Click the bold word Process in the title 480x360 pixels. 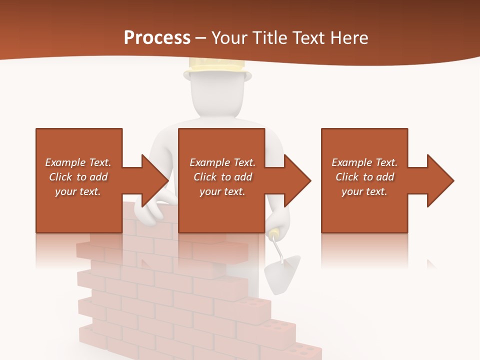pyautogui.click(x=157, y=38)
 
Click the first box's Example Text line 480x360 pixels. pyautogui.click(x=78, y=162)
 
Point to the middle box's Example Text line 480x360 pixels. pyautogui.click(x=222, y=162)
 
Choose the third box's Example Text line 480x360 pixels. pyautogui.click(x=364, y=162)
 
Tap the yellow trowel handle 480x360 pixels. pyautogui.click(x=274, y=234)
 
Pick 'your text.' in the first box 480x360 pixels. pyautogui.click(x=78, y=191)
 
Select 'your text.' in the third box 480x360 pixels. pyautogui.click(x=364, y=191)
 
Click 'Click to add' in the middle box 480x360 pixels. pyautogui.click(x=222, y=177)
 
